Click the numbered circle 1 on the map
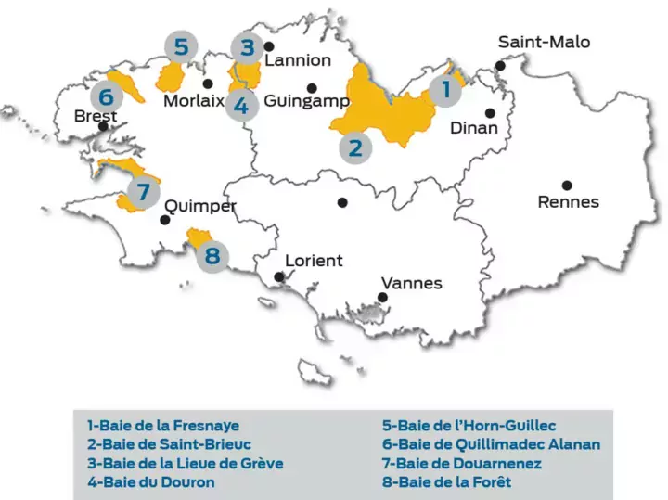pos(446,91)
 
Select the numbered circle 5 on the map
pos(182,45)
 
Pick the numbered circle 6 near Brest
pos(107,96)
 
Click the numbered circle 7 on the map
pos(141,193)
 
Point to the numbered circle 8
pos(213,253)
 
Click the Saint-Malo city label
pos(544,42)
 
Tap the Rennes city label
pos(569,201)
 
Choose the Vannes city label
pos(412,283)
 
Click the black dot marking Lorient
pos(280,276)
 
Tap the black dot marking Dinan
pos(490,112)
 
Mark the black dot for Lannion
pos(269,45)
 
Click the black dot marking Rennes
pos(566,185)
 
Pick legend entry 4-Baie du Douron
pos(150,481)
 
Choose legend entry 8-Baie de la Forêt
pos(446,481)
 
